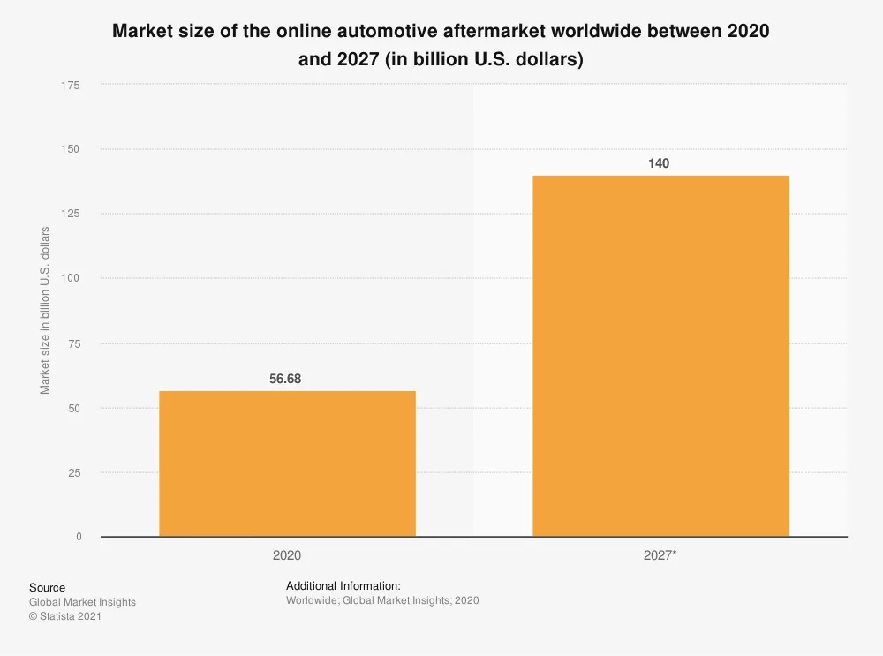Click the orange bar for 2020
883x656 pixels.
287,464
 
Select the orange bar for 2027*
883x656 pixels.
660,356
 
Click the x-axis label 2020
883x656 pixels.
287,556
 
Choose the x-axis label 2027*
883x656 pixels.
660,556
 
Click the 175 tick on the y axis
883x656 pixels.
71,85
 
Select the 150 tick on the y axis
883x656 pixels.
71,149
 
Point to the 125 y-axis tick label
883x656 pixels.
71,214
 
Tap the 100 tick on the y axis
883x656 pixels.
71,278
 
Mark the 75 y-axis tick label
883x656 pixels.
74,343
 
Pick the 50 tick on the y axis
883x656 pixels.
74,408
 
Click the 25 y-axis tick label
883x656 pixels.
74,472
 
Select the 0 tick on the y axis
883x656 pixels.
78,537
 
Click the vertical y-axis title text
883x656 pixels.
45,311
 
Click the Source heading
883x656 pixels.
47,588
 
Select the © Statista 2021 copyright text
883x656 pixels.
65,617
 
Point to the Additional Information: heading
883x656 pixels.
343,585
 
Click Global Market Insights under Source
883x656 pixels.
82,602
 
